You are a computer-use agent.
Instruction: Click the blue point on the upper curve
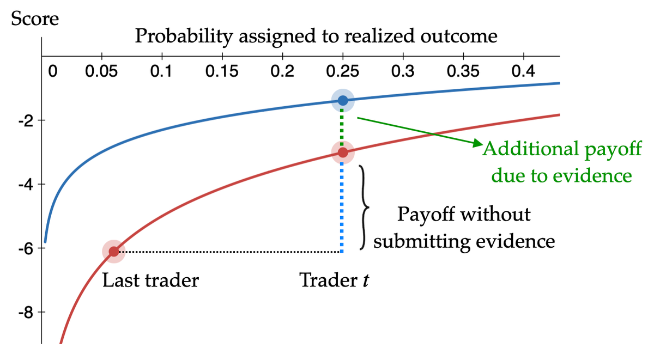[343, 101]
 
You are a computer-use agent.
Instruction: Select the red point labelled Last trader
[114, 252]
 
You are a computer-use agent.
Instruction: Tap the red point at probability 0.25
[343, 152]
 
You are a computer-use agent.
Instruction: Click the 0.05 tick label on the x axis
[101, 71]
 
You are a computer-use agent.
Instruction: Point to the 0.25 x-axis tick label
[342, 71]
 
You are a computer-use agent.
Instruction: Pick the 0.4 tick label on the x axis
[524, 71]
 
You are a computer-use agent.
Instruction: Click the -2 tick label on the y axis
[26, 120]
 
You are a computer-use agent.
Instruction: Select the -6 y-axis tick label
[26, 248]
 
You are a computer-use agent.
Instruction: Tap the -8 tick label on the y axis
[26, 313]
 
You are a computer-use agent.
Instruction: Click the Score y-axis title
[35, 19]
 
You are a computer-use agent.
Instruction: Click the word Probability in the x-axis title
[184, 36]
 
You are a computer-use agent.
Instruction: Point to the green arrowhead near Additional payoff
[477, 143]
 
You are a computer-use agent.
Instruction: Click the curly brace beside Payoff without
[364, 208]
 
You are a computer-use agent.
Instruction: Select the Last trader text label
[150, 280]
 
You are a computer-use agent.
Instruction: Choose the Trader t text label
[334, 280]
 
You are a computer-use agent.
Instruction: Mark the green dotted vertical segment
[342, 126]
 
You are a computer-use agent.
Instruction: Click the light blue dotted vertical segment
[342, 208]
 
